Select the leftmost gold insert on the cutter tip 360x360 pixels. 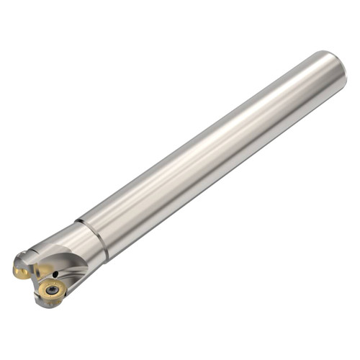21,271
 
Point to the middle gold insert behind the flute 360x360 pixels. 42,271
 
